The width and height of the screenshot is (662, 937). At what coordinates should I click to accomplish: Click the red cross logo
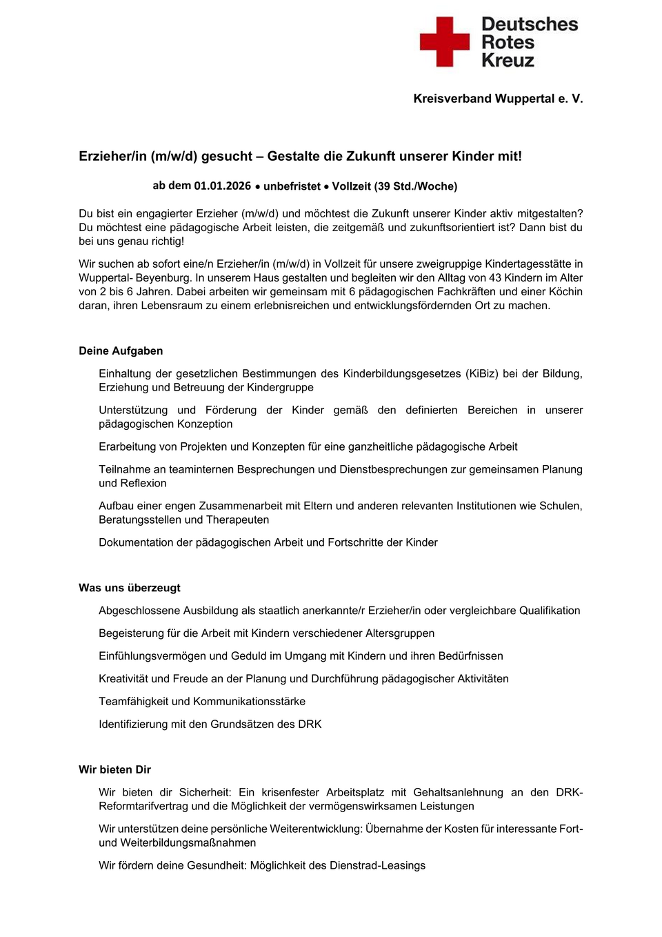[444, 42]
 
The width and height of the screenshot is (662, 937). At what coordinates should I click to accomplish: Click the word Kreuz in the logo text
[508, 61]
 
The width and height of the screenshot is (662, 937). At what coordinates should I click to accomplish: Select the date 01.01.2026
[222, 186]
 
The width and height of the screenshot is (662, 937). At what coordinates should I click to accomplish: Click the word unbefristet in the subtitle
[292, 186]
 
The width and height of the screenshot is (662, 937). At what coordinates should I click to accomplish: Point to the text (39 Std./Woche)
[416, 186]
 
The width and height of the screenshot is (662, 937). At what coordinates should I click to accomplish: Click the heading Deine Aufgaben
[121, 351]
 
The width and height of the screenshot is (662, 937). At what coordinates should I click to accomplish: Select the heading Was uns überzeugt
[130, 588]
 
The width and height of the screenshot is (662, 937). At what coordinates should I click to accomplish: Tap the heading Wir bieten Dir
[114, 769]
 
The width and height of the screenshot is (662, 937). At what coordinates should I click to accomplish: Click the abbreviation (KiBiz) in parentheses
[482, 373]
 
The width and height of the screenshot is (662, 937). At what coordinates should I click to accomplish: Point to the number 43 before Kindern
[495, 277]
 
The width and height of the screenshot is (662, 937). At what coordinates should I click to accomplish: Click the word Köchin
[565, 291]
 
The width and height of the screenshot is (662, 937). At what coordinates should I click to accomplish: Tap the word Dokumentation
[136, 542]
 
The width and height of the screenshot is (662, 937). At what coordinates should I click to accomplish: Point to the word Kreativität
[123, 678]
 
